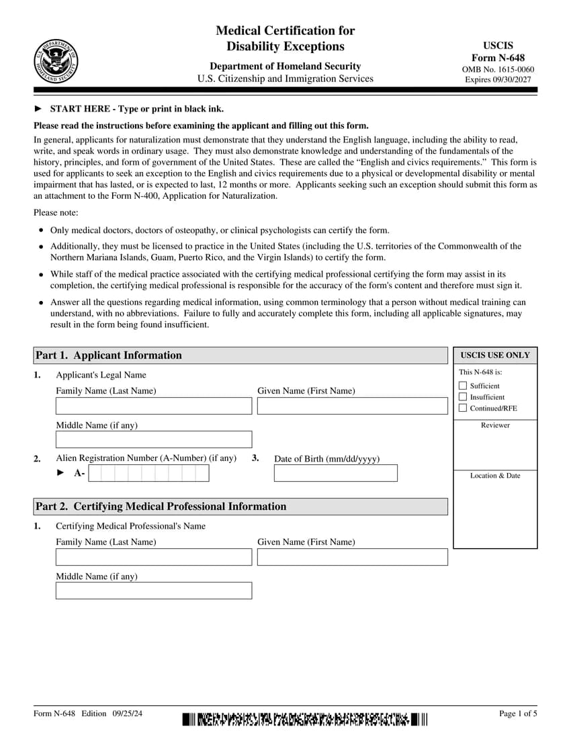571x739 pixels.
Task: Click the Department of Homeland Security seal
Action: (x=55, y=60)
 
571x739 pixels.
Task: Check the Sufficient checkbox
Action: (x=462, y=386)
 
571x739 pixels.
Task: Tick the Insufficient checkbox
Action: (x=462, y=397)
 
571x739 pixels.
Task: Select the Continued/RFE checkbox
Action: (x=462, y=408)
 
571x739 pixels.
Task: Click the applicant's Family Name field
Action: (x=154, y=406)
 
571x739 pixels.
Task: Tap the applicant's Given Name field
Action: (x=352, y=406)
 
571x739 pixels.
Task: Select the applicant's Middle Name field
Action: (x=154, y=439)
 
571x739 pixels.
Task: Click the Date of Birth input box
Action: (x=335, y=473)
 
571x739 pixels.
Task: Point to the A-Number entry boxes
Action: (x=148, y=473)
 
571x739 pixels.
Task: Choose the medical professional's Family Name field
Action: (x=154, y=557)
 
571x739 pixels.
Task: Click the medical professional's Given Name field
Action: (x=352, y=557)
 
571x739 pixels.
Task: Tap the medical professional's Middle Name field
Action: (x=154, y=591)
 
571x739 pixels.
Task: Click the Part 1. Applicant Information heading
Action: (x=108, y=355)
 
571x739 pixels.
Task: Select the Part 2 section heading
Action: (x=161, y=507)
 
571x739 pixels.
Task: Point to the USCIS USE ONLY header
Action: (x=495, y=355)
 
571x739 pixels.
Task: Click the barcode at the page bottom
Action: (x=304, y=720)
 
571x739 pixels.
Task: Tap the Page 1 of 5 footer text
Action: (x=518, y=713)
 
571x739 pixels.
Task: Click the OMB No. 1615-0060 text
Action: (x=498, y=69)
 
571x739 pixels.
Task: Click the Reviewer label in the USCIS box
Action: (x=495, y=425)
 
